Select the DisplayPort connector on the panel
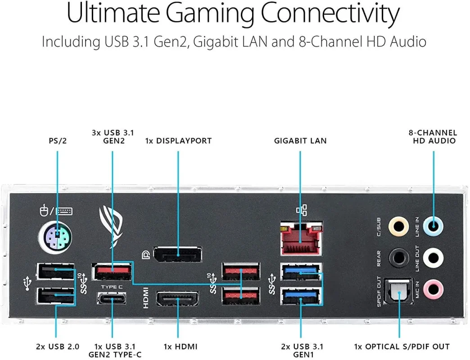coord(177,255)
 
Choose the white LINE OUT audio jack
coord(433,257)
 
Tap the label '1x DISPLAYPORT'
coord(178,141)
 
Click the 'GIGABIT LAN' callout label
coord(300,141)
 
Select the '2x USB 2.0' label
coord(58,346)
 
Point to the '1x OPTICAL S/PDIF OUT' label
coord(402,346)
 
